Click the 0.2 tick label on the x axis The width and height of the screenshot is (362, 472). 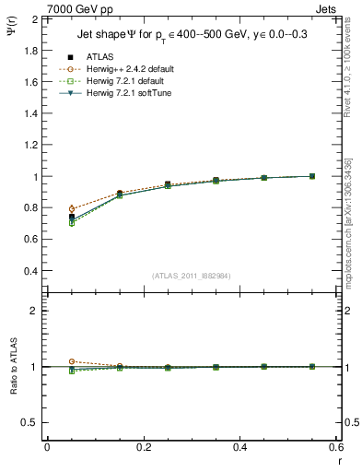tap(144, 447)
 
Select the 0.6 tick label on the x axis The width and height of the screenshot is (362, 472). tap(336, 447)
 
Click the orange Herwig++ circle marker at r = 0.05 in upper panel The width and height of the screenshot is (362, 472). tap(72, 209)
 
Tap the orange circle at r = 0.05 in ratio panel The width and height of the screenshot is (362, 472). tap(72, 361)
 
